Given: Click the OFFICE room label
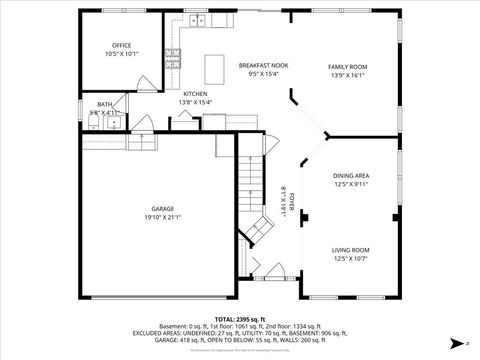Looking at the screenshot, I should [122, 45].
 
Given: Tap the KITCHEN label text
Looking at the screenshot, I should [195, 94].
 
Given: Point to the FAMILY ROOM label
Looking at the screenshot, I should [349, 67].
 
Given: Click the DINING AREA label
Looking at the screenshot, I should [351, 176].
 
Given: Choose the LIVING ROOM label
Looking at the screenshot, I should [351, 250].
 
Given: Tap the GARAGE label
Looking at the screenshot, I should [161, 208].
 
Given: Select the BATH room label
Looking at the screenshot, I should [104, 104].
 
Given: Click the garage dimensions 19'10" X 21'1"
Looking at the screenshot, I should [161, 217].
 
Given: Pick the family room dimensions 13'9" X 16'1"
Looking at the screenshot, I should [349, 75].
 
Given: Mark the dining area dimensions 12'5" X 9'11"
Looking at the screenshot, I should [351, 184].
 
